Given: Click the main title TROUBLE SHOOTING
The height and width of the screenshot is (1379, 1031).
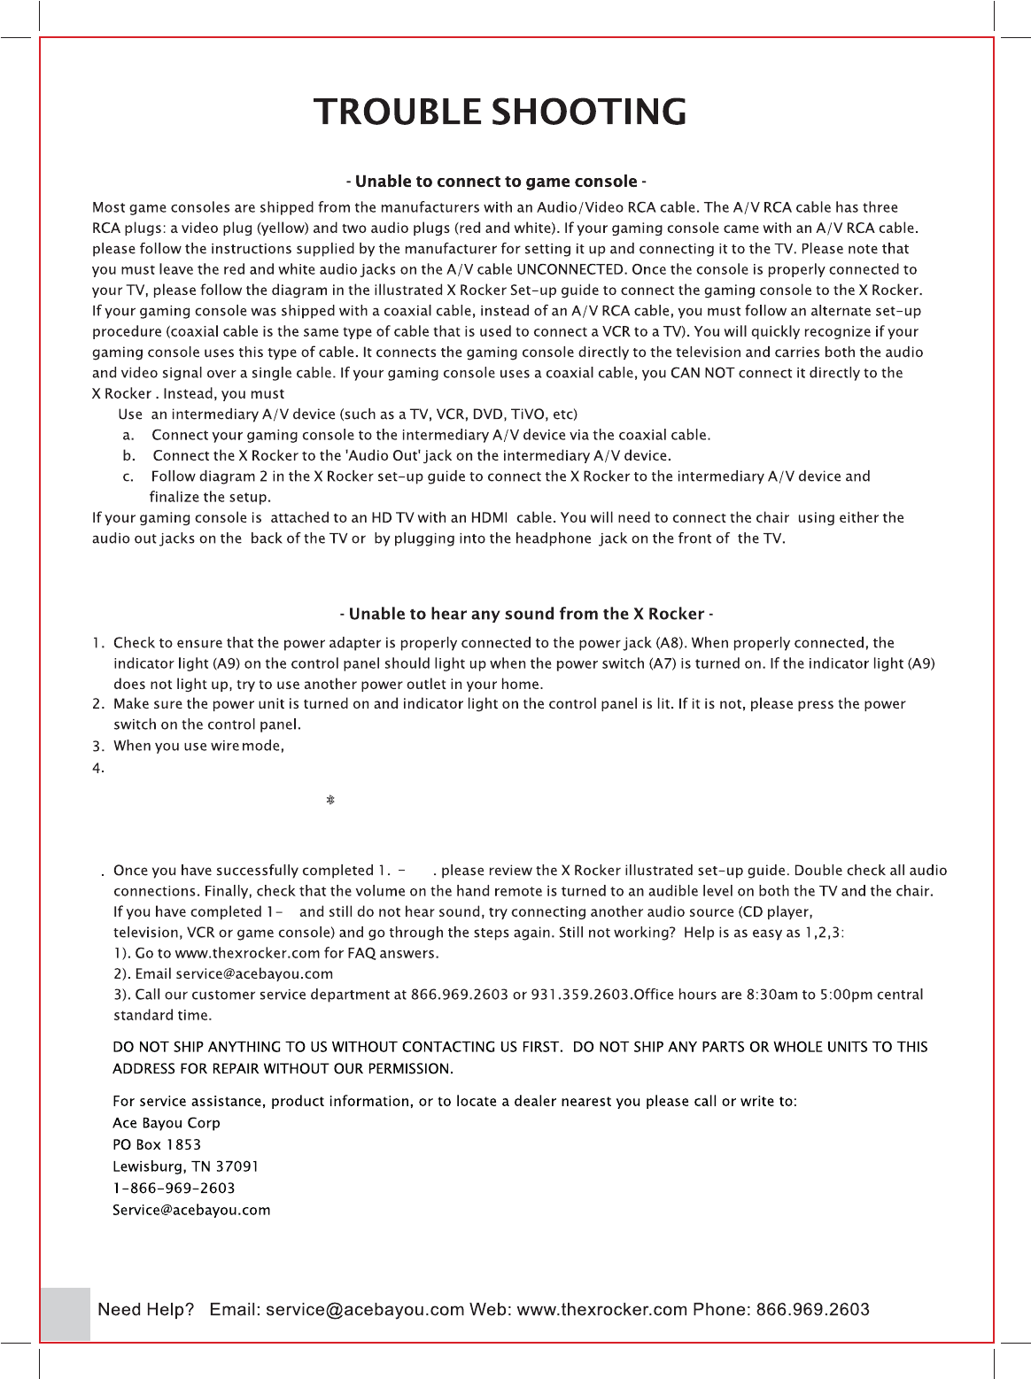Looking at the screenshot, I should click(x=500, y=112).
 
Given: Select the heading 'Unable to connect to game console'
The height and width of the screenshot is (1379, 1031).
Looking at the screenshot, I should click(x=496, y=182).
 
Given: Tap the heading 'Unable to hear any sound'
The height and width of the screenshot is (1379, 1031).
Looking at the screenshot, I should click(x=526, y=615).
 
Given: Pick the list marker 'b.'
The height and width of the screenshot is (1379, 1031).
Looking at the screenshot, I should click(x=129, y=456).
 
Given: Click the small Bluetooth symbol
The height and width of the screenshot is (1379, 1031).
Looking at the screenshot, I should click(x=330, y=800).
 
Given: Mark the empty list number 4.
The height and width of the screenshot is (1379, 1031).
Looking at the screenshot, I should click(x=97, y=769).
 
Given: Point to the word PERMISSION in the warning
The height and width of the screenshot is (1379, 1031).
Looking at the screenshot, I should click(x=410, y=1069).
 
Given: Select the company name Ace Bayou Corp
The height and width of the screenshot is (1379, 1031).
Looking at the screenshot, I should click(x=167, y=1123).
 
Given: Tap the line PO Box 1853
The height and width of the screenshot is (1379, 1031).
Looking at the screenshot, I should click(x=157, y=1145).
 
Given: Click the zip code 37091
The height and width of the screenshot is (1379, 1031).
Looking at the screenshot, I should click(x=237, y=1167).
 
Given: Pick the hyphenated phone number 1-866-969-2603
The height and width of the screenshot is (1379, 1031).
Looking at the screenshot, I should click(x=174, y=1189).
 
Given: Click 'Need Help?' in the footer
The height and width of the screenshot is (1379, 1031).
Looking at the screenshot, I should click(x=145, y=1310).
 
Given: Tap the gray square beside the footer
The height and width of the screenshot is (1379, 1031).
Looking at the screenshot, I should click(x=66, y=1314).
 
